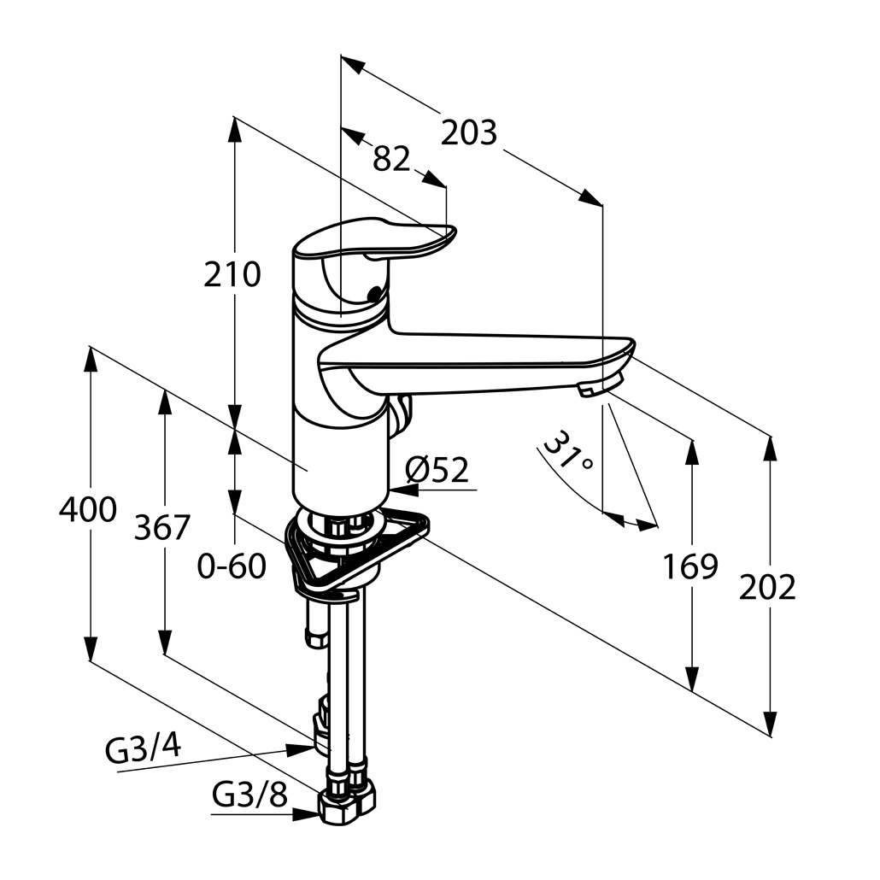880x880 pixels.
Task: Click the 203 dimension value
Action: click(469, 132)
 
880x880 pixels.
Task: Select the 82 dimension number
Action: click(392, 159)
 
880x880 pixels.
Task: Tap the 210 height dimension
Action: click(232, 274)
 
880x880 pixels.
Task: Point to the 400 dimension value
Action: click(87, 510)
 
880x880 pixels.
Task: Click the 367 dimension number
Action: click(162, 527)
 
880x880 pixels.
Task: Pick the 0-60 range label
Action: click(232, 566)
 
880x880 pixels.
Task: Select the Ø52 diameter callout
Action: click(438, 469)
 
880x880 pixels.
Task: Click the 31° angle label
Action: click(569, 450)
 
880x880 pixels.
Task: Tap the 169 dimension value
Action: click(690, 566)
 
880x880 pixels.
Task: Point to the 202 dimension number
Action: click(767, 587)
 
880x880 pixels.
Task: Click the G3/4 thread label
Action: click(143, 749)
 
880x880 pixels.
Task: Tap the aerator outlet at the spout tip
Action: click(591, 390)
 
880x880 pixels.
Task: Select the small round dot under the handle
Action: click(373, 296)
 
